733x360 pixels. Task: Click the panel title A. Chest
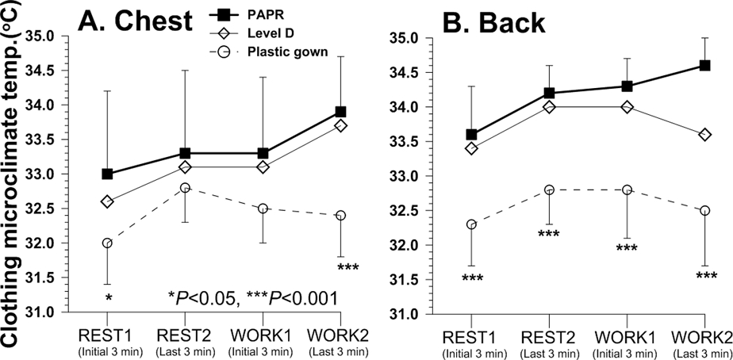(x=134, y=21)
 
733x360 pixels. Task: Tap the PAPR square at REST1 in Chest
(x=107, y=174)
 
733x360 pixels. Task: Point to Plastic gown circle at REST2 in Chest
(x=184, y=188)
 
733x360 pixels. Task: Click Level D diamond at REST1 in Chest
(x=107, y=201)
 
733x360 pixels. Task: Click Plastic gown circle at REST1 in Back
(x=472, y=224)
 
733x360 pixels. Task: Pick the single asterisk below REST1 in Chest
(x=107, y=297)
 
